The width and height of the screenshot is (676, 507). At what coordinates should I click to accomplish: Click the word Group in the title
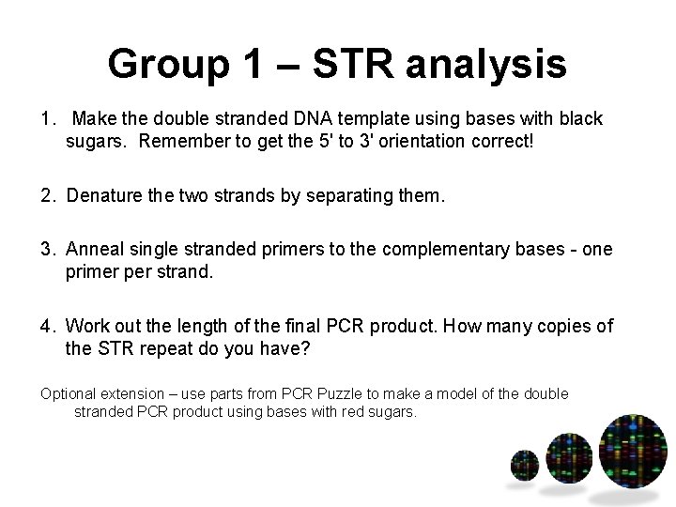161,65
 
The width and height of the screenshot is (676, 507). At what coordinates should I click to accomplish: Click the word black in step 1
579,120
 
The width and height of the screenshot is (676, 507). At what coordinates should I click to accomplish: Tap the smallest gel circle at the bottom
523,465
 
